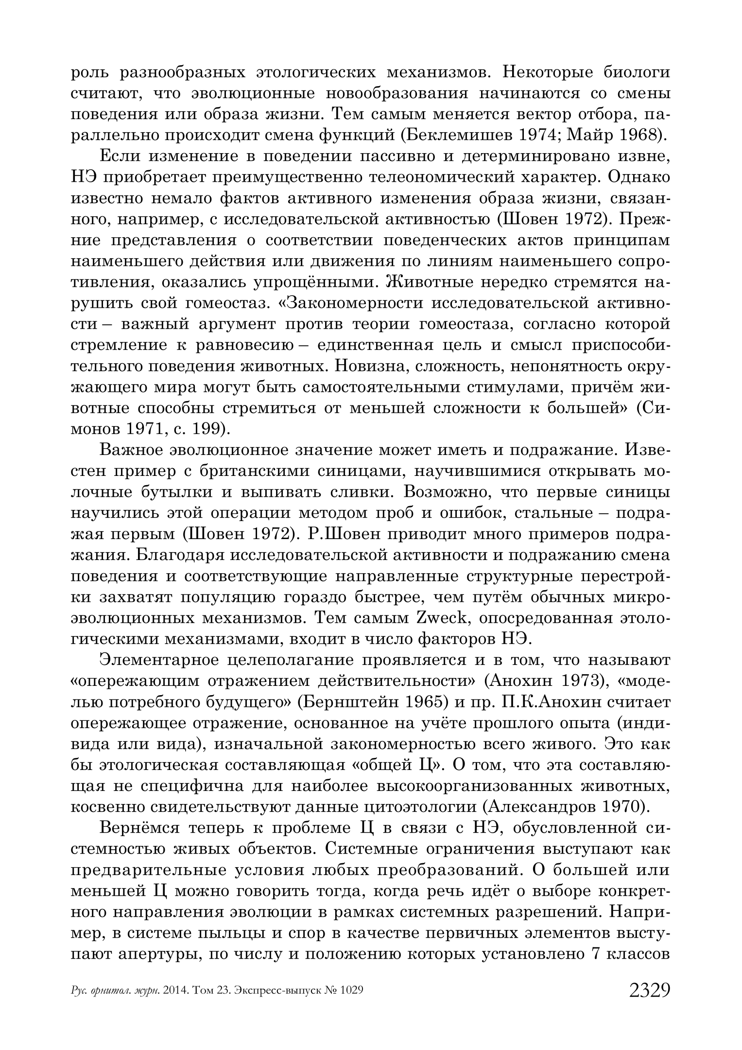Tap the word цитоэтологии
tap(420, 807)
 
